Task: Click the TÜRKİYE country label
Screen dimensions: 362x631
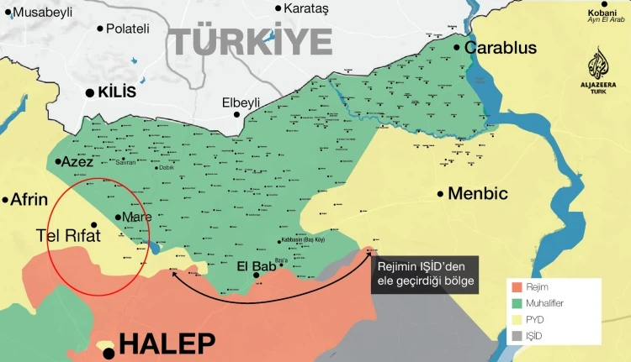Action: tap(251, 39)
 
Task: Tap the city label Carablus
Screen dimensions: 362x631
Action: tap(500, 48)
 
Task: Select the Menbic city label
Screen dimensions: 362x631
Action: tap(477, 193)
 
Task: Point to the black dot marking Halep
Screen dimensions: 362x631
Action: tap(109, 354)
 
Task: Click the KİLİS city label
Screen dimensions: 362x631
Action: tap(115, 92)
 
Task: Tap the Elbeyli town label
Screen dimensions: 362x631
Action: tap(241, 102)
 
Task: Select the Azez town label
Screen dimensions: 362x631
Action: tap(77, 160)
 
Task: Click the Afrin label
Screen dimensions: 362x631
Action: tap(29, 200)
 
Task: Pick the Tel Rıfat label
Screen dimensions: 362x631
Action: tap(68, 236)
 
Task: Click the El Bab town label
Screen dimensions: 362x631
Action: tap(257, 266)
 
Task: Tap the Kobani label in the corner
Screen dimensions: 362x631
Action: tap(604, 13)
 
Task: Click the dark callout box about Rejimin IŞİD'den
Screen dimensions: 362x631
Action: tap(427, 275)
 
